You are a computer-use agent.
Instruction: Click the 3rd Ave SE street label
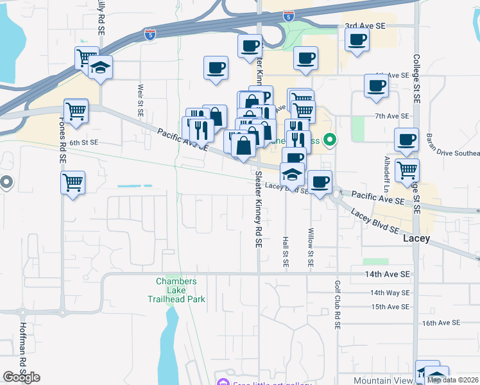365,26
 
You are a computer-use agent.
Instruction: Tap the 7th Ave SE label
392,116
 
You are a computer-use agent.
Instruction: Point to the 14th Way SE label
389,293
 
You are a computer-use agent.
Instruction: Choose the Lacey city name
420,238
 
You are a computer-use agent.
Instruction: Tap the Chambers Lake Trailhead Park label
176,290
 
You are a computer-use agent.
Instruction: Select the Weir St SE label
140,99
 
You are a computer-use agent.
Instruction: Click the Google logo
21,377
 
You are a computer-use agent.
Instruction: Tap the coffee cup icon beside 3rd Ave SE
357,40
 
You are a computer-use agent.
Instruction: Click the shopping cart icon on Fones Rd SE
73,182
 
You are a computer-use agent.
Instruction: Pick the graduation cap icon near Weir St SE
100,68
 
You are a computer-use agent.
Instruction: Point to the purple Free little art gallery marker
223,383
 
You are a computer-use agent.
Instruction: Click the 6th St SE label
83,142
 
